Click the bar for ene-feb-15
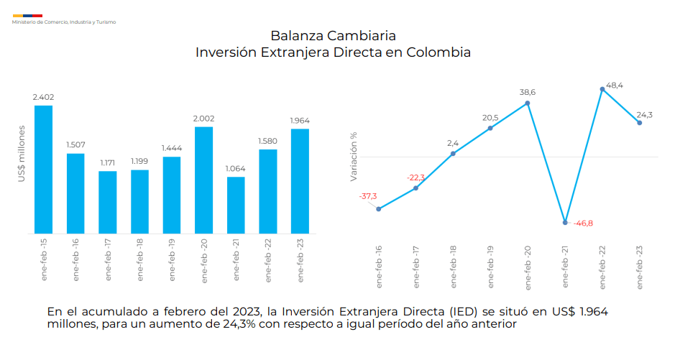[x=44, y=169]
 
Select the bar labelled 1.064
[x=236, y=205]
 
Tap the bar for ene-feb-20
[x=203, y=180]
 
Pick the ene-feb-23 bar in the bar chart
[x=300, y=181]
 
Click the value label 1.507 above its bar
[x=75, y=144]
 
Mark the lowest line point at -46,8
[x=566, y=222]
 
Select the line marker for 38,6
[x=528, y=103]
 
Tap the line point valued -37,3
[x=379, y=209]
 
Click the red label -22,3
[x=415, y=177]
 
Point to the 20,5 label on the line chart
[x=490, y=118]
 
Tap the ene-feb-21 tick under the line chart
[x=565, y=267]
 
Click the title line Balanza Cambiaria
[x=333, y=35]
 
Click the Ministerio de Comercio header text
[x=64, y=22]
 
